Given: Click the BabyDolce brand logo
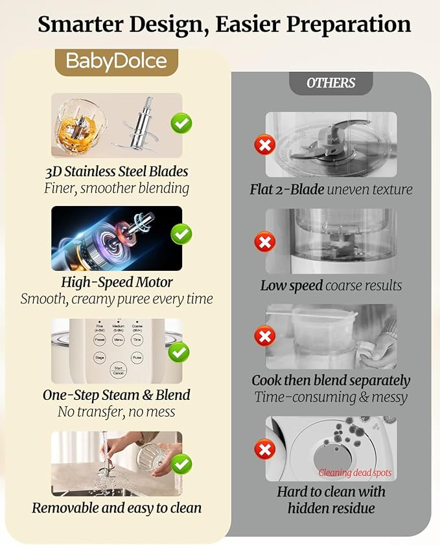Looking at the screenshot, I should (x=117, y=62).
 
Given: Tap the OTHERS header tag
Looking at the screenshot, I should (x=330, y=83).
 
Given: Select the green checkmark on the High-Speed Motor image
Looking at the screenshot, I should (x=181, y=234).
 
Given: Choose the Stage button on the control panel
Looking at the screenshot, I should (x=100, y=357).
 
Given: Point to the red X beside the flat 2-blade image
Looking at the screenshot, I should (x=264, y=144).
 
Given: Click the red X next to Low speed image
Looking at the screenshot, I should (x=264, y=243).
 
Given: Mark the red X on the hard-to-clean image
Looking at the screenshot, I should (x=264, y=448).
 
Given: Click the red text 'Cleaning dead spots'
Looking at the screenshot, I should (x=355, y=472).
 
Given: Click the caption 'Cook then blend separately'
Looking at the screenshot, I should (x=330, y=380).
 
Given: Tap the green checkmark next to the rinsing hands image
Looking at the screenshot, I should (x=181, y=463).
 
